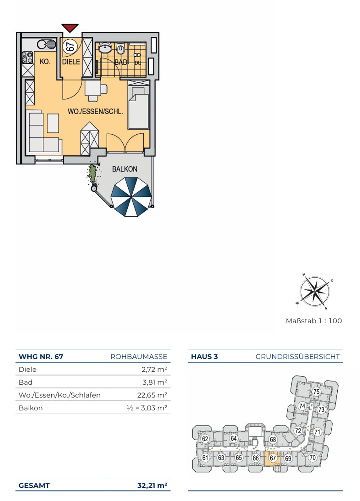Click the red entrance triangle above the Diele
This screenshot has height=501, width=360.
pyautogui.click(x=70, y=28)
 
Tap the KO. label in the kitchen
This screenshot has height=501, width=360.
pyautogui.click(x=45, y=61)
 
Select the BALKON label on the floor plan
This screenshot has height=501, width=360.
pyautogui.click(x=125, y=169)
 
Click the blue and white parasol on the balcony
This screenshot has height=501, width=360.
pyautogui.click(x=131, y=197)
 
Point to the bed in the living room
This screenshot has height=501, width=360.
pyautogui.click(x=139, y=107)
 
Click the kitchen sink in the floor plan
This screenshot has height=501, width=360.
pyautogui.click(x=47, y=44)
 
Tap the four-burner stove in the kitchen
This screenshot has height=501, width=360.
pyautogui.click(x=27, y=57)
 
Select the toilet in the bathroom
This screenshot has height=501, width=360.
pyautogui.click(x=121, y=49)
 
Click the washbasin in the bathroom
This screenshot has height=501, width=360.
pyautogui.click(x=105, y=48)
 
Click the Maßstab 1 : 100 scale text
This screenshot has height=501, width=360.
pyautogui.click(x=314, y=321)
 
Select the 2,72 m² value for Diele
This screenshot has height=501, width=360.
pyautogui.click(x=154, y=369)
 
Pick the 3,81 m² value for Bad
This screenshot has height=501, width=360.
pyautogui.click(x=155, y=382)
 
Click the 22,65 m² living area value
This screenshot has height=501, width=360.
pyautogui.click(x=152, y=395)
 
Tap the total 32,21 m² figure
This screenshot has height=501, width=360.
pyautogui.click(x=152, y=485)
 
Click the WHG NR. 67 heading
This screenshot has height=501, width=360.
pyautogui.click(x=41, y=357)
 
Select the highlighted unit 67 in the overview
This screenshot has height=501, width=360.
pyautogui.click(x=273, y=458)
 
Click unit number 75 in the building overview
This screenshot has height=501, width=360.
pyautogui.click(x=316, y=391)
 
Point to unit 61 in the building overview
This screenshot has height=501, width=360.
pyautogui.click(x=205, y=458)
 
